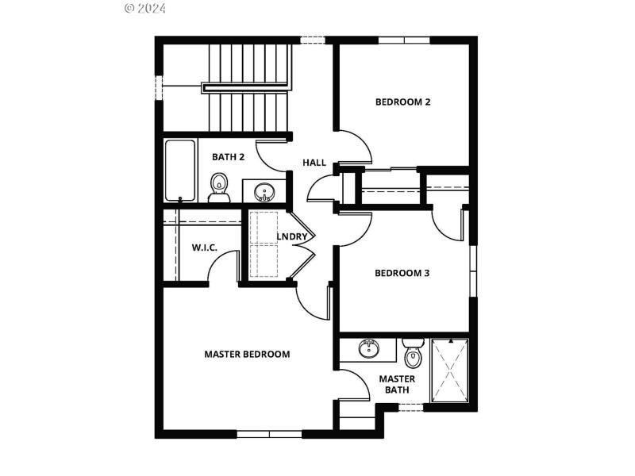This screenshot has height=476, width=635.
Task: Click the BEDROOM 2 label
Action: point(402,102)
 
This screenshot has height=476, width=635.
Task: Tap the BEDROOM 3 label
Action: point(402,273)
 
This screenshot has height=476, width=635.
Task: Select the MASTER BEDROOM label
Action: point(247,354)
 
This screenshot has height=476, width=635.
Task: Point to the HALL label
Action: point(314,163)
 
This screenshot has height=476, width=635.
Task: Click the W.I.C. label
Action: point(204,248)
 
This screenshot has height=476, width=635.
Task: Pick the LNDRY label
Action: point(291,236)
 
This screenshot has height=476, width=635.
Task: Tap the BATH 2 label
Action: point(228,157)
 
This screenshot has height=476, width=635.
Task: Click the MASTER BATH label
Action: point(397,384)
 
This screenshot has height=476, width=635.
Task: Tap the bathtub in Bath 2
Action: point(179,171)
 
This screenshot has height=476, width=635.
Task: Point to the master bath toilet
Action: point(413,355)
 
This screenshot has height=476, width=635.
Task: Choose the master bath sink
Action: point(368,347)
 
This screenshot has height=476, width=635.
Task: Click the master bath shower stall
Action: point(449,370)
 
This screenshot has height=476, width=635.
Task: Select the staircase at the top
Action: point(248,87)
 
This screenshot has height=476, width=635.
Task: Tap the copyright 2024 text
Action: point(145,9)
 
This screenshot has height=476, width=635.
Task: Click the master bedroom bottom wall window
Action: point(269,434)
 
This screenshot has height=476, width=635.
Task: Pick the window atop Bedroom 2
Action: point(404,40)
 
